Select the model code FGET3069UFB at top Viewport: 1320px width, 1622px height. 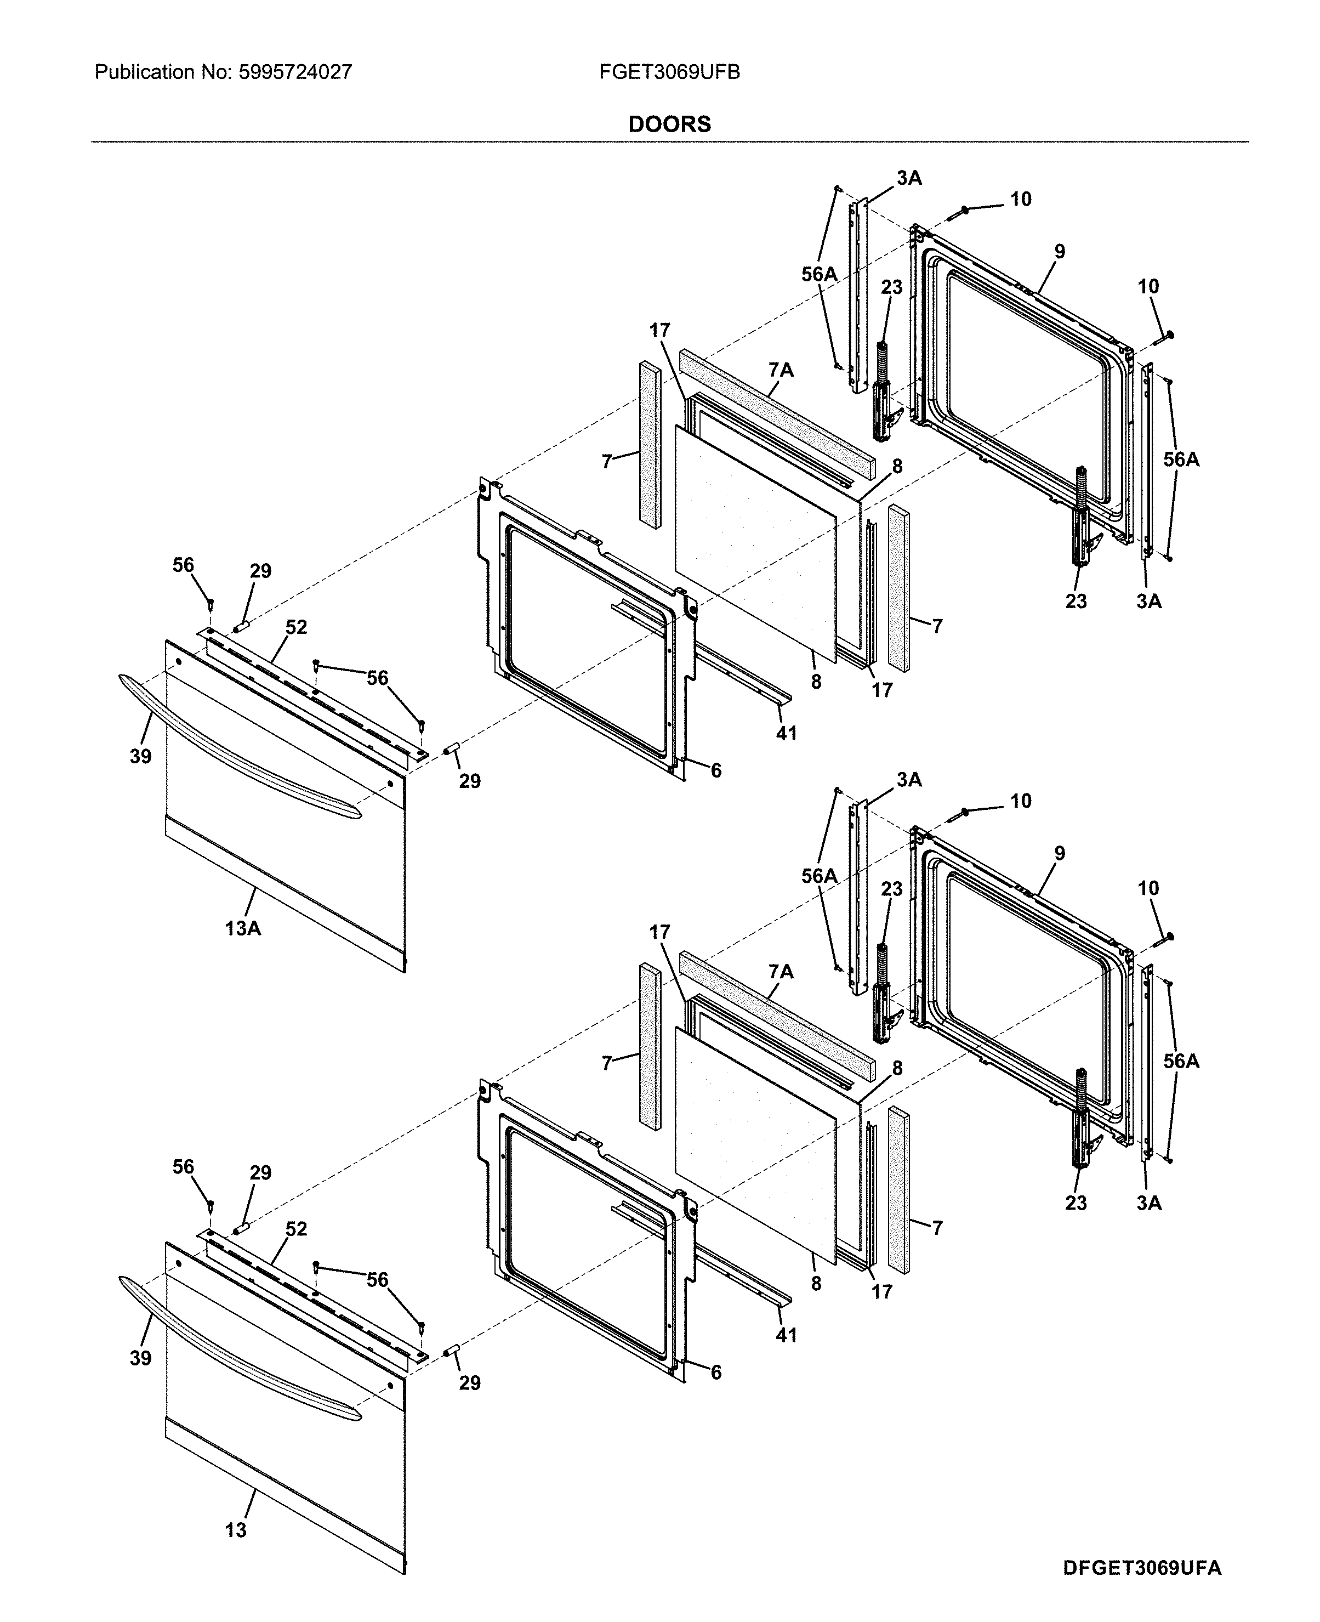point(669,72)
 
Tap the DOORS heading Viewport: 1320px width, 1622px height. point(669,124)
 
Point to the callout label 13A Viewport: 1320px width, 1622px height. point(242,928)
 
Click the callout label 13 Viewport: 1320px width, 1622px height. point(236,1529)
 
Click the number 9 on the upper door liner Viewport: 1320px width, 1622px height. point(1059,252)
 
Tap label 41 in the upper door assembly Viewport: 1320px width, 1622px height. point(786,733)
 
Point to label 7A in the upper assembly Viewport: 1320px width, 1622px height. point(781,370)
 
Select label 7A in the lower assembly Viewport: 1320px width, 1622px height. point(781,972)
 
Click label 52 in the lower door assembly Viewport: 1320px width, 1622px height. point(296,1229)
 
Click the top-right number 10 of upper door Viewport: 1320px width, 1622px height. point(1148,287)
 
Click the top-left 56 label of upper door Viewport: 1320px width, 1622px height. point(183,565)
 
